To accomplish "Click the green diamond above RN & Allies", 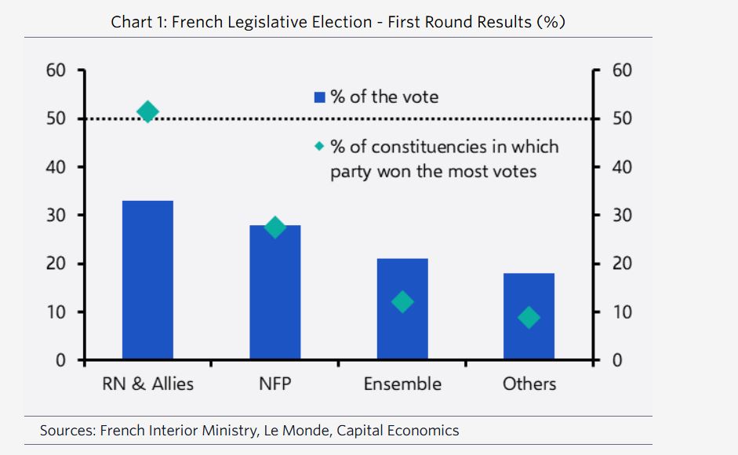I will [x=147, y=112].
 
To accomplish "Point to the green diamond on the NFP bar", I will [x=274, y=227].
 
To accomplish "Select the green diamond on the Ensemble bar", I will [x=402, y=302].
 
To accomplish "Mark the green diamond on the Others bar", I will [x=529, y=318].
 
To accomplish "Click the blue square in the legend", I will [x=319, y=98].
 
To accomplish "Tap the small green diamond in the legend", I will [x=319, y=147].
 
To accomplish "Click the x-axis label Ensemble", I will [x=402, y=384].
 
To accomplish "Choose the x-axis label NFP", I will [x=274, y=384].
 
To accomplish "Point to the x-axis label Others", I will [x=529, y=384].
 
